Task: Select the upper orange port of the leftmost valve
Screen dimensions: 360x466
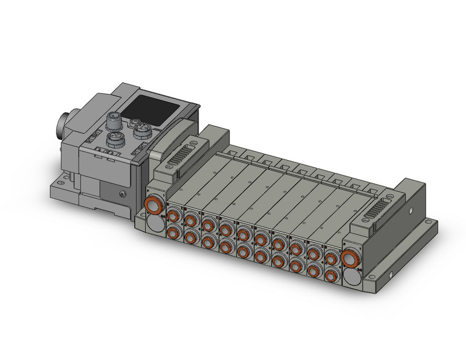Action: click(x=173, y=215)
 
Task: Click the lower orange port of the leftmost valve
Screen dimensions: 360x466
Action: click(x=173, y=231)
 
